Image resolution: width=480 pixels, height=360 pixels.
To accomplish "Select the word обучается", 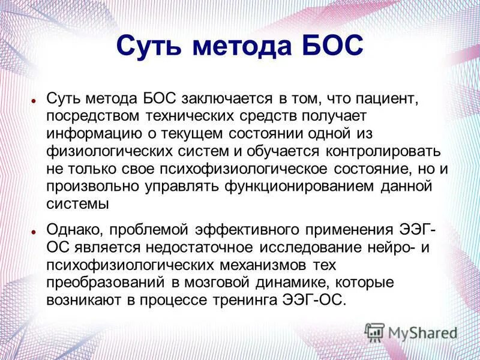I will pos(284,150).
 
